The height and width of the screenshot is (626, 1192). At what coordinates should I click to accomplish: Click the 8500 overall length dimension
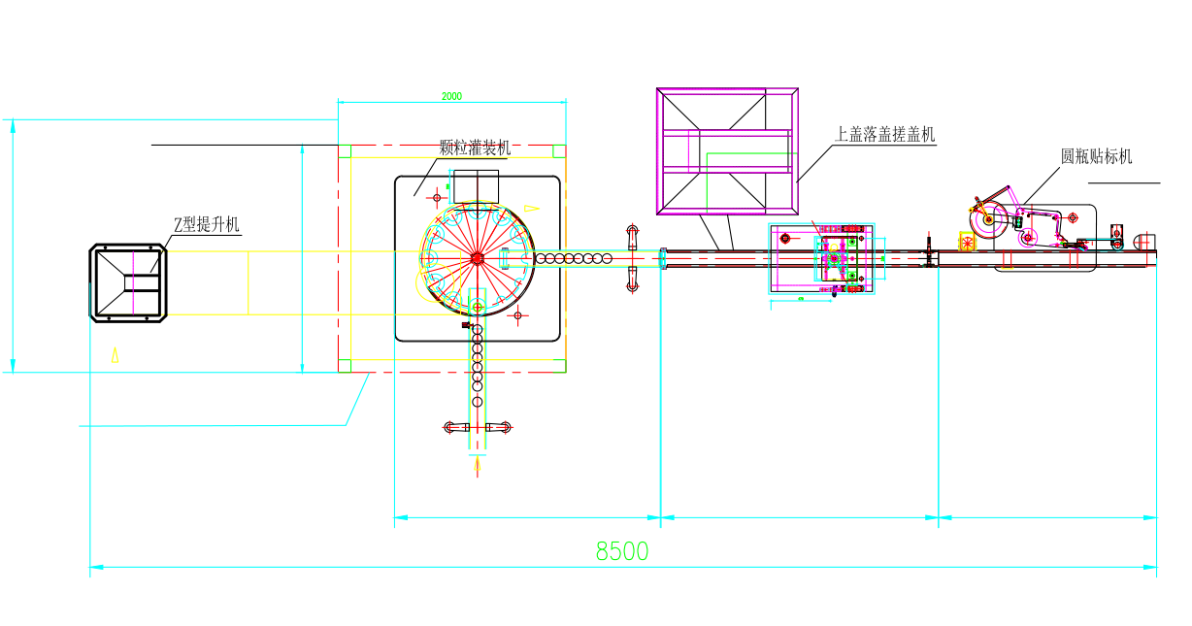[622, 551]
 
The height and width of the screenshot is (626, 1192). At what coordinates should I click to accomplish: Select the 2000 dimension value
[451, 96]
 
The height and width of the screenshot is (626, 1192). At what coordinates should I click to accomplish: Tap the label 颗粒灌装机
[475, 148]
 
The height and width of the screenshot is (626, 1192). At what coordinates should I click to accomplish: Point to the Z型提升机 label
[206, 225]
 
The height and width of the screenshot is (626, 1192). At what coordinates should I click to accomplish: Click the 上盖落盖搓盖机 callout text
[885, 134]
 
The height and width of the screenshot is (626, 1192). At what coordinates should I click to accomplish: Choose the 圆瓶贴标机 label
[1096, 156]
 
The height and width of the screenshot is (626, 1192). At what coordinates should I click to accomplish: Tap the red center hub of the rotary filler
[477, 258]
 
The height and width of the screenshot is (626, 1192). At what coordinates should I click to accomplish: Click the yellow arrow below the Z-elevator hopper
[115, 354]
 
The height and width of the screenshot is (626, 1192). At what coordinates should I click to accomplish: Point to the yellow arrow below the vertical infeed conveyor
[478, 467]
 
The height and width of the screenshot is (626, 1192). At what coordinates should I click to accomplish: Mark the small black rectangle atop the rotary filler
[476, 185]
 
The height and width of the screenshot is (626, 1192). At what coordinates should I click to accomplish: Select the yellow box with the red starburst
[968, 242]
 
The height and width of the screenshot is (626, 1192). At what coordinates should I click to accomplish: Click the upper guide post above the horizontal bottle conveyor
[633, 236]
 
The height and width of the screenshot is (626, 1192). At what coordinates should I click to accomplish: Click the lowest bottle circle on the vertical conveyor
[478, 401]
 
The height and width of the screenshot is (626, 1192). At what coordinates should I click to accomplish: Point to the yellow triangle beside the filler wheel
[530, 208]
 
